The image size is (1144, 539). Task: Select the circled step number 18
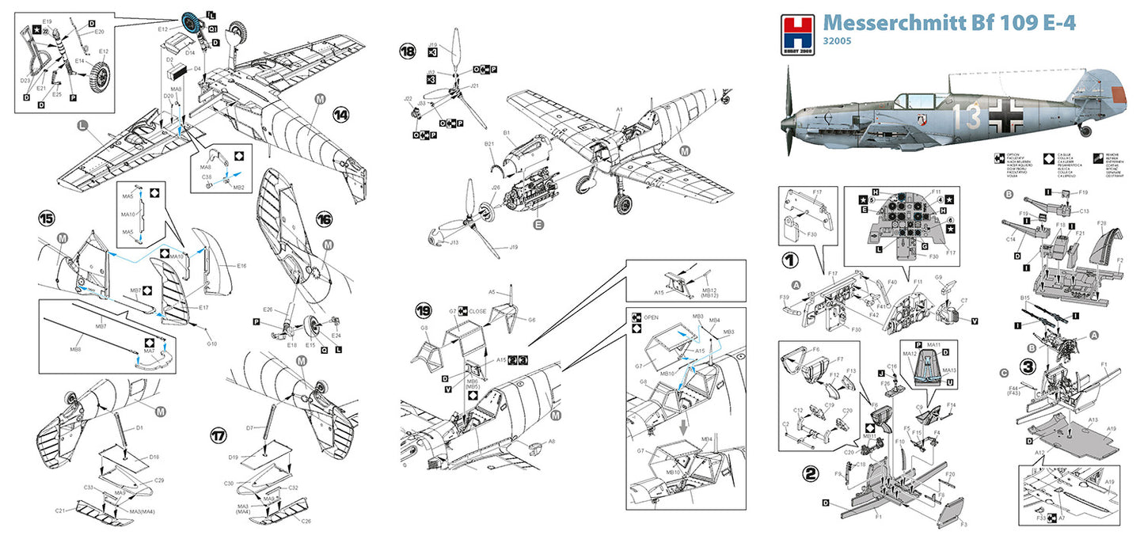[408, 53]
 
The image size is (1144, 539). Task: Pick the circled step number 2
[809, 475]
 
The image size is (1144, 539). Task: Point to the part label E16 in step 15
[241, 267]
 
